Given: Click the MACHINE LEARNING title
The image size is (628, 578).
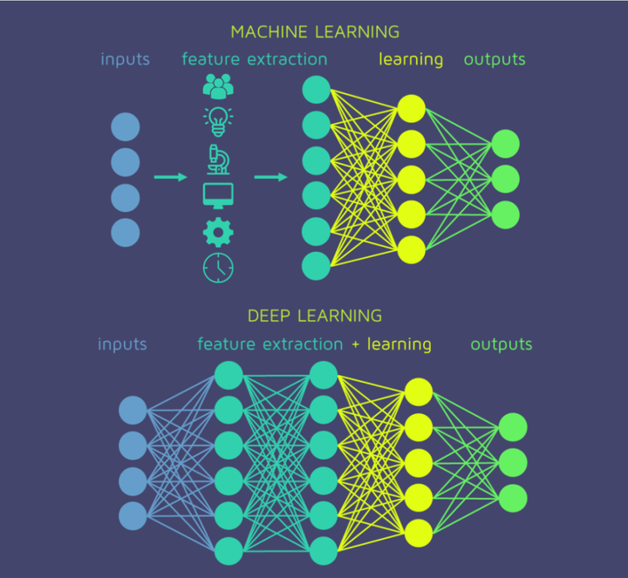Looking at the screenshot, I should pyautogui.click(x=315, y=32).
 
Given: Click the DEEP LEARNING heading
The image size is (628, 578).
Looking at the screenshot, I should pyautogui.click(x=315, y=316).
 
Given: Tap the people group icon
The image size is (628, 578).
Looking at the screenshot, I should pyautogui.click(x=218, y=85).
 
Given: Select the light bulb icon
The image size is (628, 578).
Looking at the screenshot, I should pyautogui.click(x=218, y=121).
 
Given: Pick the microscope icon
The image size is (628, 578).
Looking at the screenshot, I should pyautogui.click(x=218, y=159).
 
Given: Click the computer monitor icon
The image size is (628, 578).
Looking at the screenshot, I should pyautogui.click(x=218, y=195).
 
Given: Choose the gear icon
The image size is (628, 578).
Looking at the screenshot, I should pyautogui.click(x=218, y=232).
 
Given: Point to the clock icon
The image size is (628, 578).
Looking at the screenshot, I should pyautogui.click(x=218, y=267).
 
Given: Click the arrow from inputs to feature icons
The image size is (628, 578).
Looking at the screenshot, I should pyautogui.click(x=171, y=178).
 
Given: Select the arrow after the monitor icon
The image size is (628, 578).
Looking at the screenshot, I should pyautogui.click(x=271, y=178).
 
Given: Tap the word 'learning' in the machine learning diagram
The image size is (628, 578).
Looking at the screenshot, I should pyautogui.click(x=411, y=60).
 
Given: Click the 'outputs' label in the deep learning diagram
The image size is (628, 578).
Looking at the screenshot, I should pyautogui.click(x=502, y=344).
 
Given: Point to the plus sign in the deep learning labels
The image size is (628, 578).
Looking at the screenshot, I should pyautogui.click(x=355, y=344).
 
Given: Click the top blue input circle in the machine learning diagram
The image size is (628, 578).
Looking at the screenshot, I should pyautogui.click(x=125, y=127).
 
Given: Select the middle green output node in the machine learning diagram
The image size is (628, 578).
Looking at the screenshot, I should pyautogui.click(x=505, y=179).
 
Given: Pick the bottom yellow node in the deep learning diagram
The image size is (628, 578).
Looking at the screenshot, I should pyautogui.click(x=418, y=532).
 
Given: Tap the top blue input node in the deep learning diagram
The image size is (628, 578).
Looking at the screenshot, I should pyautogui.click(x=133, y=410).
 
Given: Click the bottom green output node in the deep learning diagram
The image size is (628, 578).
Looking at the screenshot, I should pyautogui.click(x=513, y=497).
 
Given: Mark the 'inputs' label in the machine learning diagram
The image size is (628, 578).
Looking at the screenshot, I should pyautogui.click(x=125, y=60).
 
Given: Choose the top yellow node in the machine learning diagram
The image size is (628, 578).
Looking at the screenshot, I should pyautogui.click(x=411, y=108).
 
